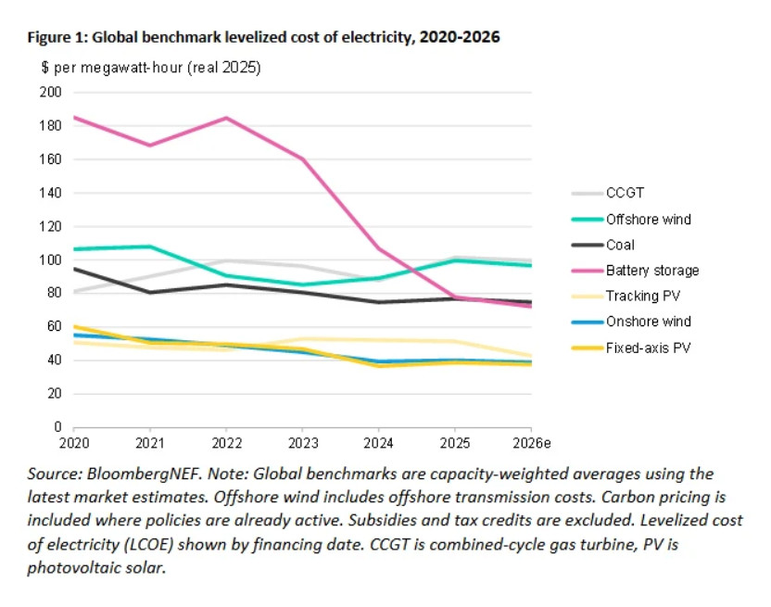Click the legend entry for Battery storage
click(652, 271)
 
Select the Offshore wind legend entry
click(649, 220)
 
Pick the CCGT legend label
click(625, 194)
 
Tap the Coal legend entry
click(622, 246)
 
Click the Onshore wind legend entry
click(649, 322)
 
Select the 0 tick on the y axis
click(57, 427)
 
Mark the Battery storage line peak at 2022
click(226, 118)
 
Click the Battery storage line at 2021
click(149, 145)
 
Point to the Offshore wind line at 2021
click(149, 247)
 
